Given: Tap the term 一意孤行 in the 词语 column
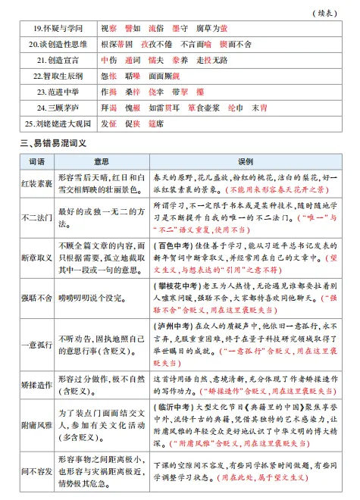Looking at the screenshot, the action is pyautogui.click(x=36, y=345).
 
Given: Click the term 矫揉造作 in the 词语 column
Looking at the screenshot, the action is pyautogui.click(x=36, y=385).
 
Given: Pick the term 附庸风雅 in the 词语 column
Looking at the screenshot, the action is pyautogui.click(x=36, y=425).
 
